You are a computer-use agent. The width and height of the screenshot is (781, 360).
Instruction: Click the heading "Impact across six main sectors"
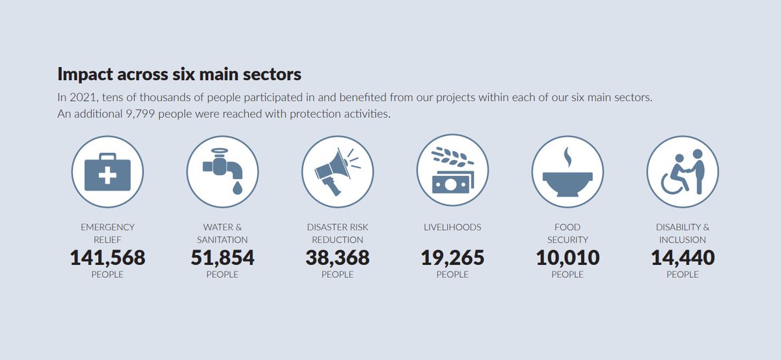click(179, 74)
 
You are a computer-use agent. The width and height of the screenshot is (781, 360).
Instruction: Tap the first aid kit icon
click(107, 172)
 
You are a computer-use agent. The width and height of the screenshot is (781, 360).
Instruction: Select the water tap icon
click(222, 171)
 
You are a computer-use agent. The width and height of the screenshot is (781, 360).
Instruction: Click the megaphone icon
click(337, 171)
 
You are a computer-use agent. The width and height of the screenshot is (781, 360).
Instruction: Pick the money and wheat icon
click(452, 171)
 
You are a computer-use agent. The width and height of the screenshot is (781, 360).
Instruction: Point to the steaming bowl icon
click(568, 171)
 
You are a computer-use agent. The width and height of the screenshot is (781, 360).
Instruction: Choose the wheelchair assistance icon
click(682, 171)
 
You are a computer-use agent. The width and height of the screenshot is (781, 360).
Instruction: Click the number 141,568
click(107, 258)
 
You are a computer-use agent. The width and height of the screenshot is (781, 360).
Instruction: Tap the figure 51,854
click(222, 258)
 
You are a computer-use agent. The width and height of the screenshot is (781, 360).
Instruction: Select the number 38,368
click(337, 258)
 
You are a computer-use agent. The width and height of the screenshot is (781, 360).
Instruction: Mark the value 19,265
click(452, 258)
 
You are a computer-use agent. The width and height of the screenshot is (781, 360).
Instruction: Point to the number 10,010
click(568, 258)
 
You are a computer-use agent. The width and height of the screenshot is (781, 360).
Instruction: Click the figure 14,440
click(682, 258)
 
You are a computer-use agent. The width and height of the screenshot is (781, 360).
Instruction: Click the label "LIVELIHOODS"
click(452, 227)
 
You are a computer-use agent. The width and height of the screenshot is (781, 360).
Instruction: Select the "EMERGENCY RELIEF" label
click(107, 233)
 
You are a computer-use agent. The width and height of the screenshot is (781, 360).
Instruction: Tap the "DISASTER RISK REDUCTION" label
click(337, 233)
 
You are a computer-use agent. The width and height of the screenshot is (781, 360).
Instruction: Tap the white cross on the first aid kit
click(108, 176)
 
